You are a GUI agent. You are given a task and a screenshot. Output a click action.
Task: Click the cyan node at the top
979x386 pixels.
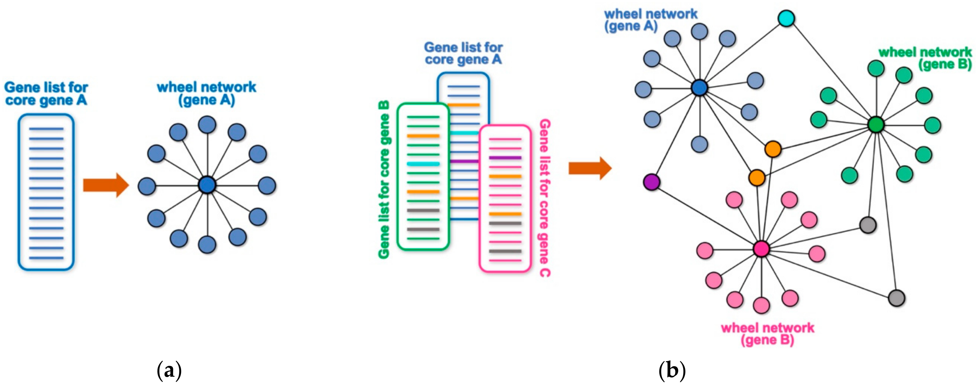[x=786, y=18]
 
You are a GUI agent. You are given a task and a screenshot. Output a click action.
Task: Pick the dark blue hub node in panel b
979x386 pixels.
[x=699, y=88]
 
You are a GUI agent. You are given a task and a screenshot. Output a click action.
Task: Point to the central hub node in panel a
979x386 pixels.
[x=207, y=185]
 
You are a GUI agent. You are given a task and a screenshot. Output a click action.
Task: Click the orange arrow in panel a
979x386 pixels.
[x=106, y=185]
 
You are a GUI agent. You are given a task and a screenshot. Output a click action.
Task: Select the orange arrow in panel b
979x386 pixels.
[x=589, y=168]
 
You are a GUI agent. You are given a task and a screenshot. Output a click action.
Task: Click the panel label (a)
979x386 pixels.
[x=169, y=370]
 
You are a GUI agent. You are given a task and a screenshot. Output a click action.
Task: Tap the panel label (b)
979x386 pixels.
[x=672, y=370]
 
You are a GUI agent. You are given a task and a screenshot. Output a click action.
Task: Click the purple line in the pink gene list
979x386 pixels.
[x=505, y=158]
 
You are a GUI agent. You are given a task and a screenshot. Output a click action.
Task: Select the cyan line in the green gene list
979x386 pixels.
[x=423, y=164]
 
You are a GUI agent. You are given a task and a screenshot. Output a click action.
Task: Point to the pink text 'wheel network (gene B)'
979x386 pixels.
[x=767, y=333]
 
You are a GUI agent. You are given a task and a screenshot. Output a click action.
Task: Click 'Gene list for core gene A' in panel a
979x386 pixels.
[x=46, y=94]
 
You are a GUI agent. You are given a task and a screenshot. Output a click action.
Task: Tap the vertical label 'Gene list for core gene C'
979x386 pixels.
[x=545, y=198]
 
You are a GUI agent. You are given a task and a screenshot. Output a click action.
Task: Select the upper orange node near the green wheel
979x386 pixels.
[x=773, y=149]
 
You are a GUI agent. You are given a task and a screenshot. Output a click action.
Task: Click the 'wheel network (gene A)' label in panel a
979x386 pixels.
[x=206, y=94]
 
